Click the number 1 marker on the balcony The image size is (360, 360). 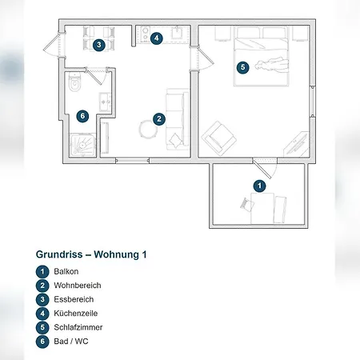[x=260, y=186]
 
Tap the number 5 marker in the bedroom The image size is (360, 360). [x=242, y=67]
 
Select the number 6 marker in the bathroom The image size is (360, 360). [x=82, y=116]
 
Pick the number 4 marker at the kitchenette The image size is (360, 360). [x=157, y=38]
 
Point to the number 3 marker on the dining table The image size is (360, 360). [x=99, y=45]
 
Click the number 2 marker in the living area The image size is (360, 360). [x=159, y=119]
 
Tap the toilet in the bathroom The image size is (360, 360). [x=74, y=82]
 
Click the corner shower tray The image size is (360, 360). [x=82, y=145]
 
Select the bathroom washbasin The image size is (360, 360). [x=105, y=102]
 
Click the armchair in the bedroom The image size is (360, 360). [x=219, y=138]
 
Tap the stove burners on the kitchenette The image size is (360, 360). [x=146, y=34]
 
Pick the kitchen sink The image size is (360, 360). [x=177, y=33]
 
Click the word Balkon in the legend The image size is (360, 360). [x=66, y=271]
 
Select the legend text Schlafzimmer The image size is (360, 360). [x=78, y=327]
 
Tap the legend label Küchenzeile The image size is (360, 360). [x=76, y=313]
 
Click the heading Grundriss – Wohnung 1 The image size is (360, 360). [x=91, y=254]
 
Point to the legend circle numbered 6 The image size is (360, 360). [x=42, y=342]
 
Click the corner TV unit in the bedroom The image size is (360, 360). [x=296, y=144]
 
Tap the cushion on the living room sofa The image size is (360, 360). [x=175, y=139]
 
